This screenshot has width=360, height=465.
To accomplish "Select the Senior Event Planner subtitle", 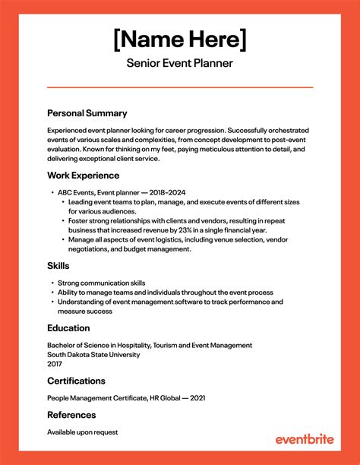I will pos(180,63).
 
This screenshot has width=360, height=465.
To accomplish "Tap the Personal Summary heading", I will pos(87,112).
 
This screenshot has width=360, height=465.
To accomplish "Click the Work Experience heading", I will pos(84,175).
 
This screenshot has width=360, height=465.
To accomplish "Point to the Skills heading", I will pos(58,266).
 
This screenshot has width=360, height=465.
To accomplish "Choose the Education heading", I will pos(68,328).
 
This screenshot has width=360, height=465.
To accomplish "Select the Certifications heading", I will pos(76,380).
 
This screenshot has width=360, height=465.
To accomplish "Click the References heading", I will pos(71,415).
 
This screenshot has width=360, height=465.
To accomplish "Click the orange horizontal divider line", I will pos(180,87).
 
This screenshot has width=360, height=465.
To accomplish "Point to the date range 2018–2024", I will pos(169,193).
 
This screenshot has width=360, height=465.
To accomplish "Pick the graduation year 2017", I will pos(55,363).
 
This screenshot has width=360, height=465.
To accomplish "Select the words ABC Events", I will pos(74,193).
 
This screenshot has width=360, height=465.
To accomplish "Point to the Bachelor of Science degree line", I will pos(149,345).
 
